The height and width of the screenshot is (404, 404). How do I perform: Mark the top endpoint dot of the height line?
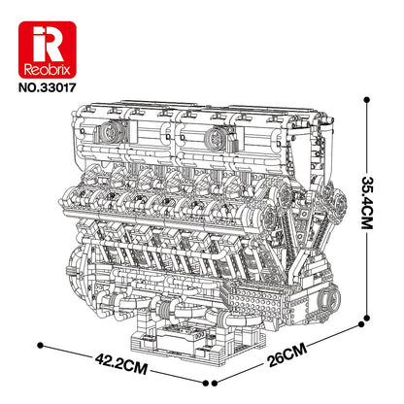point(366,95)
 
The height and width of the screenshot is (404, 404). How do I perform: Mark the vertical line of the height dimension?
point(366,243)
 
